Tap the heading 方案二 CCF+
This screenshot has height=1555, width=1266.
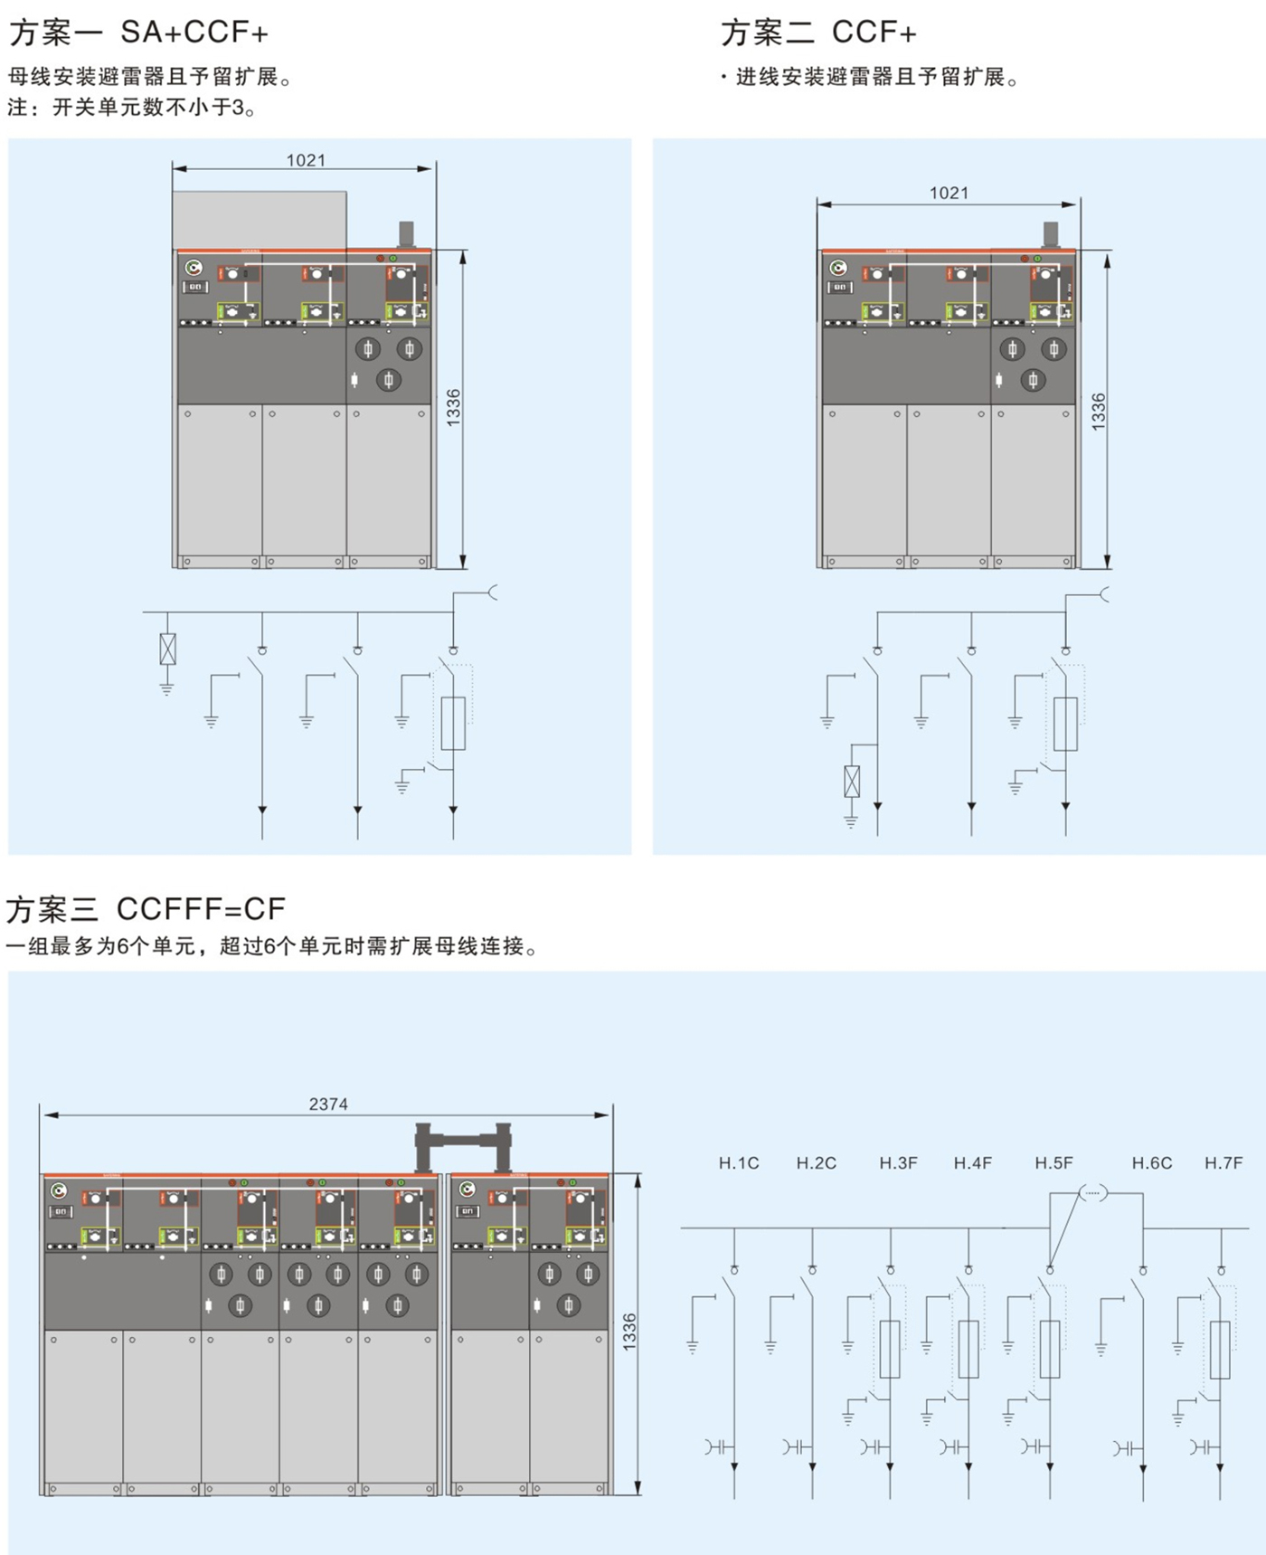click(x=818, y=33)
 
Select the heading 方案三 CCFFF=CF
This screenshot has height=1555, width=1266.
click(x=146, y=908)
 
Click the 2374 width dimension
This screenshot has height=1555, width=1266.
click(x=327, y=1104)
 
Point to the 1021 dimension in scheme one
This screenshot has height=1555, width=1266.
click(x=306, y=160)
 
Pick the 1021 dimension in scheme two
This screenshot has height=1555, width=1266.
click(x=949, y=193)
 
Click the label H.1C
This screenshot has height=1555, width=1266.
click(x=739, y=1163)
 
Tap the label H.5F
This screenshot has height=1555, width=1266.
click(x=1053, y=1163)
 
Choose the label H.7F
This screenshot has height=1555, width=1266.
click(x=1223, y=1163)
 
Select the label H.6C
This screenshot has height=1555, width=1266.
click(x=1151, y=1163)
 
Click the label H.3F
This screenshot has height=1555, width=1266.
click(x=898, y=1163)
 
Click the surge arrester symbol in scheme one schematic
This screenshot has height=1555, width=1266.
click(x=167, y=649)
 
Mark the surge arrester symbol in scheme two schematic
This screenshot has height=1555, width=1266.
click(x=851, y=782)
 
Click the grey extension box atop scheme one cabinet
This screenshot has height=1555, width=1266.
click(x=260, y=220)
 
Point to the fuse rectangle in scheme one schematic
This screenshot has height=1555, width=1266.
click(x=453, y=723)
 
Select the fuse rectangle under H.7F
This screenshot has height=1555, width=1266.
click(x=1220, y=1349)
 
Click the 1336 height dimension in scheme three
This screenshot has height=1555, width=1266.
click(x=629, y=1332)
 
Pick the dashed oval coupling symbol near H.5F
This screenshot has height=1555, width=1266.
click(x=1093, y=1193)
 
